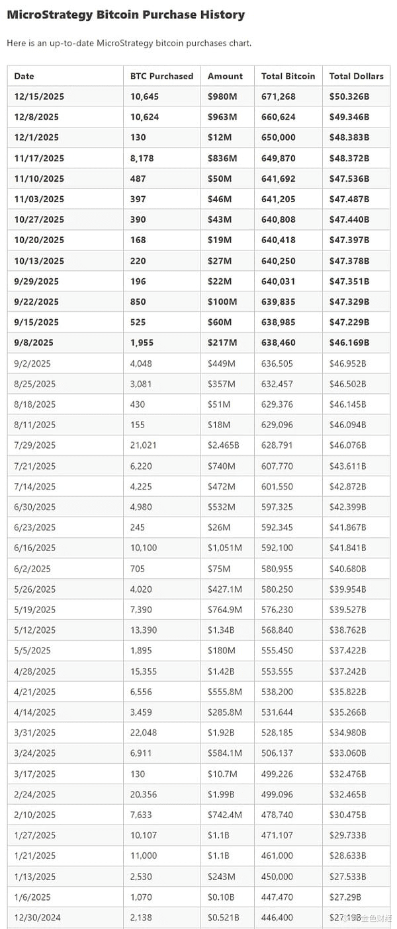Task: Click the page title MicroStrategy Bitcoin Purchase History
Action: click(x=126, y=15)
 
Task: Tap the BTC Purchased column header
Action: click(x=161, y=76)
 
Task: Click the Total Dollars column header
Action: click(x=356, y=76)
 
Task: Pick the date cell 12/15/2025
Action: click(x=39, y=96)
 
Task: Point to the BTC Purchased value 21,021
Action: click(x=144, y=445)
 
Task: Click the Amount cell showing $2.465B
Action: click(x=223, y=445)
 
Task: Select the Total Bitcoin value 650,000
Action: click(x=279, y=137)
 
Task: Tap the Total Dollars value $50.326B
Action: click(x=349, y=96)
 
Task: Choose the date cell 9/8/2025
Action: click(x=34, y=342)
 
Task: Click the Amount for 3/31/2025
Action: click(x=221, y=733)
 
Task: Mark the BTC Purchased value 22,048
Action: click(x=144, y=733)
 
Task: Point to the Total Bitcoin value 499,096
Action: click(x=279, y=794)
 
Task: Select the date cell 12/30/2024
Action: click(x=36, y=918)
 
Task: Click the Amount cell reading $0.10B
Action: click(x=221, y=897)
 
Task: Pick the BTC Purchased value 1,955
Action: click(x=142, y=342)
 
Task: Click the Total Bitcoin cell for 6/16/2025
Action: click(x=279, y=548)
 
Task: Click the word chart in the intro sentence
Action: click(x=238, y=43)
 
